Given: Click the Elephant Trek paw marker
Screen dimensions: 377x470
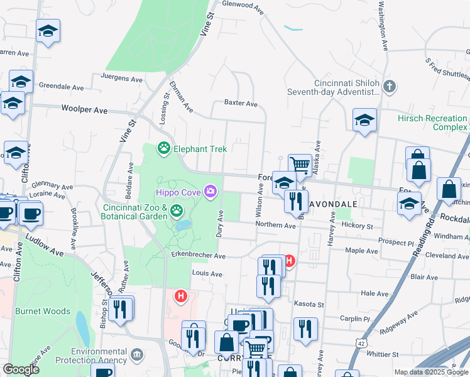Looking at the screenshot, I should click(164, 149).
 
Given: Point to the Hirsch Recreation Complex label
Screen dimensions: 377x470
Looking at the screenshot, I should click(433, 123).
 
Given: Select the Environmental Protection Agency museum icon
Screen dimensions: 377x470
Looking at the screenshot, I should click(136, 356).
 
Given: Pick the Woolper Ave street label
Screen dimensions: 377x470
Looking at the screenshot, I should click(84, 109).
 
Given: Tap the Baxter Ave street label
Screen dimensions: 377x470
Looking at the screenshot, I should click(241, 103).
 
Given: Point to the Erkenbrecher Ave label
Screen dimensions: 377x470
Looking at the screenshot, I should click(198, 256).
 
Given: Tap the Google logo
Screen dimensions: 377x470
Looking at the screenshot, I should click(21, 369).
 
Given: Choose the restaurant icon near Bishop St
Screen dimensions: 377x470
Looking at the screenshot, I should click(120, 309).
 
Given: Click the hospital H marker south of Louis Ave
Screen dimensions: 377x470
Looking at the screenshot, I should click(181, 295).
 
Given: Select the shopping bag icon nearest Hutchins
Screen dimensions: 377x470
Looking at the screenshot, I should click(450, 189).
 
